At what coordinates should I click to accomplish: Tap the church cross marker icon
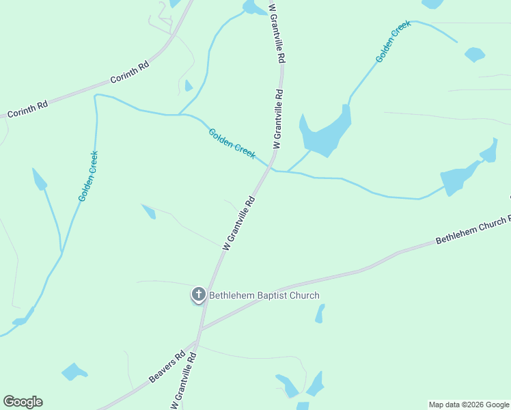click(x=198, y=295)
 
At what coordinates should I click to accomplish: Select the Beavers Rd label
click(x=167, y=368)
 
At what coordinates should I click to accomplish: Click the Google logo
click(x=23, y=402)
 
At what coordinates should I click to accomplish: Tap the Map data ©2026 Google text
click(x=469, y=405)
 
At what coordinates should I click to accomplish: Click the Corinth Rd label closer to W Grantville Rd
click(x=129, y=72)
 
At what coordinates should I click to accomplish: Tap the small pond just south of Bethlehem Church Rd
click(x=319, y=313)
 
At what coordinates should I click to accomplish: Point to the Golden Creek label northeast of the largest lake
click(x=393, y=42)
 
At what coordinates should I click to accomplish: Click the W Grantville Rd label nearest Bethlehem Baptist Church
click(x=238, y=222)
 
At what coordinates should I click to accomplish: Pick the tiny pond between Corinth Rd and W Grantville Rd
click(x=188, y=85)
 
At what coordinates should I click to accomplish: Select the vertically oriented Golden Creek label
click(x=88, y=176)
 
